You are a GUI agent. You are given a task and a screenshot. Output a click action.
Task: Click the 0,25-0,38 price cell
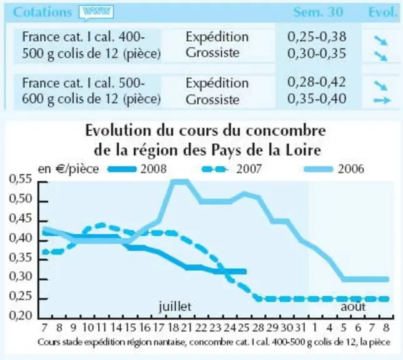click(317, 37)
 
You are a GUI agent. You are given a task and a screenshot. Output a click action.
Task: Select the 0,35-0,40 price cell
click(317, 99)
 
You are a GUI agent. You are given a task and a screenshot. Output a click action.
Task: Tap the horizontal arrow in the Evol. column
click(382, 100)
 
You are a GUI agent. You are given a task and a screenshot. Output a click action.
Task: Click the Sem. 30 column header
click(318, 12)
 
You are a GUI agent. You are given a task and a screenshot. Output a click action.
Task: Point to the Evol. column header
click(383, 12)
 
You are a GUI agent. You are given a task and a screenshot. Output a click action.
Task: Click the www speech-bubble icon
click(96, 12)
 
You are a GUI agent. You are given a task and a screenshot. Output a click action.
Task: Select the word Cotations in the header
click(42, 12)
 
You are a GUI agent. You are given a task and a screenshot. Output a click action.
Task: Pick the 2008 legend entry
click(137, 169)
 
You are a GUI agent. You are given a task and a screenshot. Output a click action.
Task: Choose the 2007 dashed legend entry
click(232, 169)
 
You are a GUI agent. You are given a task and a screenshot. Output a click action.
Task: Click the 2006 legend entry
click(334, 169)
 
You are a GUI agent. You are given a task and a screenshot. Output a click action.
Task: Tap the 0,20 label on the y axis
click(21, 316)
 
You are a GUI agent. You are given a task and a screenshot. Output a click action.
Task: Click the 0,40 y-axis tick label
click(21, 238)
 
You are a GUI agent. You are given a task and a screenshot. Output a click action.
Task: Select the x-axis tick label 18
click(173, 328)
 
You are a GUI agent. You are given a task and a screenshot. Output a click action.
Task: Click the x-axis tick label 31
click(300, 328)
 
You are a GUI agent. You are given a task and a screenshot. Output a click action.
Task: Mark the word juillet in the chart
click(175, 306)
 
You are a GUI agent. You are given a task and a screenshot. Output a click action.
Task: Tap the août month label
click(353, 306)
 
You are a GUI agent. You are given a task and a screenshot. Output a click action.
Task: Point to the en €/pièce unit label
click(68, 169)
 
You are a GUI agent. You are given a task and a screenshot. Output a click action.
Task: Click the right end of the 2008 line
click(246, 271)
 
